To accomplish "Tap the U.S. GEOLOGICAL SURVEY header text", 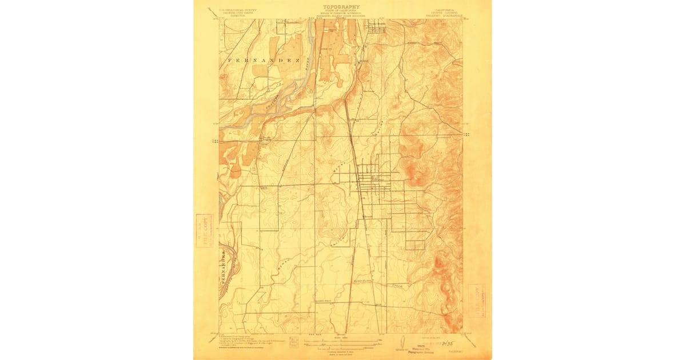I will tap(232, 10).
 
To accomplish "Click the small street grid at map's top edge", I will tap(376, 26).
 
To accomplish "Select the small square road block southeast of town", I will tap(415, 245).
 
